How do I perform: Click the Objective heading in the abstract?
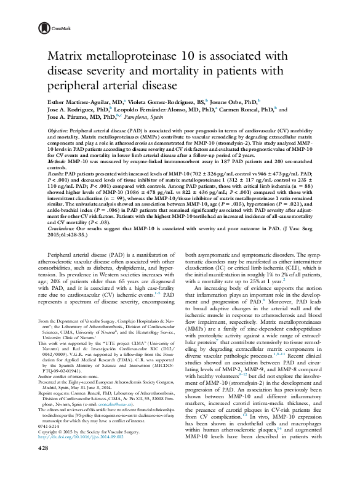[x=59, y=132]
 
